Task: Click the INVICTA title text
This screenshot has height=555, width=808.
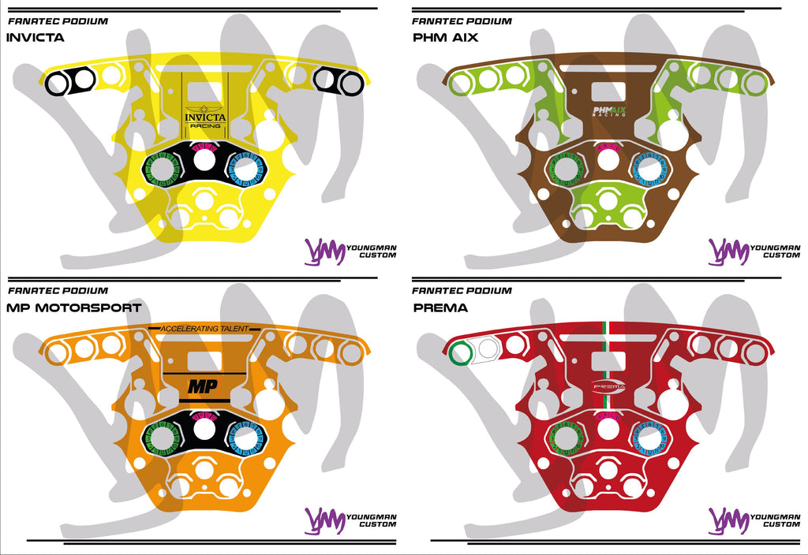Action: (35, 37)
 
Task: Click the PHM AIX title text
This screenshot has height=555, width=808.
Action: (445, 37)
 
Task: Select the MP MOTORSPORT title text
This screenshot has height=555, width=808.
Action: (74, 307)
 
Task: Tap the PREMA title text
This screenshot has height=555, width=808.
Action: (440, 307)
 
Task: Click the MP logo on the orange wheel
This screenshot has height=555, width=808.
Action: (203, 386)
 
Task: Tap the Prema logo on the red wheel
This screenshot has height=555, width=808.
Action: (608, 386)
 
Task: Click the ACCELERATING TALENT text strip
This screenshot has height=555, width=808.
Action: (204, 328)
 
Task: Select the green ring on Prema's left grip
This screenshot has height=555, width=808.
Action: (460, 352)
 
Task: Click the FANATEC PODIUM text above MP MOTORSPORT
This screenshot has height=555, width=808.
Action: (58, 291)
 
